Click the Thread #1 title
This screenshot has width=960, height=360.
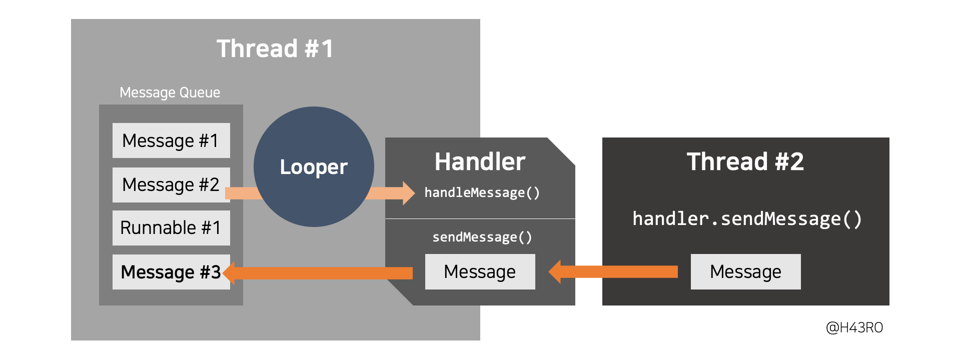point(275,49)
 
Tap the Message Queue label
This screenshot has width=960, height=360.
point(170,92)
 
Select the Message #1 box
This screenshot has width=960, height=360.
point(171,140)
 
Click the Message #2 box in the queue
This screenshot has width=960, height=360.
point(171,184)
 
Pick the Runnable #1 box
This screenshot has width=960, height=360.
point(171,228)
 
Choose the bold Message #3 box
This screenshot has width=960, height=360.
point(171,272)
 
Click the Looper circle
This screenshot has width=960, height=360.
point(314,166)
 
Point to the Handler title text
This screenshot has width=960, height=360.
point(480,161)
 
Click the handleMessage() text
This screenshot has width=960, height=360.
point(482,192)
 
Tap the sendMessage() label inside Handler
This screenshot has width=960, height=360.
point(482,237)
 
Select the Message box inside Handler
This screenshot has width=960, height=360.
point(480,271)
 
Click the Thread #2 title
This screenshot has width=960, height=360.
point(745,161)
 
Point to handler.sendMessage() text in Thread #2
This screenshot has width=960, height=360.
point(747,219)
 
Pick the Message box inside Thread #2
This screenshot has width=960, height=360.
point(745,271)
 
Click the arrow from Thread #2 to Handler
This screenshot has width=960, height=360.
point(615,271)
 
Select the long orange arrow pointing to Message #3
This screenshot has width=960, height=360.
point(320,272)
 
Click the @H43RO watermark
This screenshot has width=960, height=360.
point(854,327)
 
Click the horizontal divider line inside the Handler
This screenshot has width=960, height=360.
point(480,218)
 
